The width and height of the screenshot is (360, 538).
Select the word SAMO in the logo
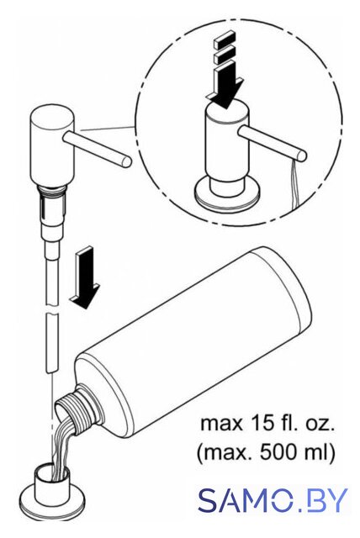[x=246, y=500]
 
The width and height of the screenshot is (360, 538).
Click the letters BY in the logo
[x=327, y=500]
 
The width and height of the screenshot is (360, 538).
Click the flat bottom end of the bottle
[x=282, y=288]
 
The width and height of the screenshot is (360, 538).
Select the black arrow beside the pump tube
[x=85, y=278]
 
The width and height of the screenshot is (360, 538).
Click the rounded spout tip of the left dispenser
[x=126, y=161]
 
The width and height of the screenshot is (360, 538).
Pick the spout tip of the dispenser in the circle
[x=302, y=155]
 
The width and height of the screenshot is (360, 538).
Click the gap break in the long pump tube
[x=51, y=310]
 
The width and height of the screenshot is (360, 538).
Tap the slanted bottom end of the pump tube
[x=51, y=370]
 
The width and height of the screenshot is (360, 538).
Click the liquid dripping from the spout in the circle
[x=294, y=185]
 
